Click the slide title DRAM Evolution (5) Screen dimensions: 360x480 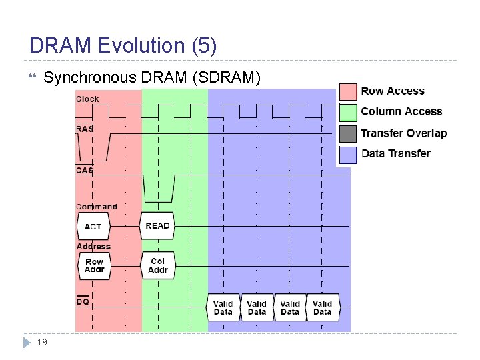[123, 45]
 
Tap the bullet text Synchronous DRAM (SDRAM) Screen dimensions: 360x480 [152, 78]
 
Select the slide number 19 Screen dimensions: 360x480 [41, 342]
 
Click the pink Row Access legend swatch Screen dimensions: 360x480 [348, 91]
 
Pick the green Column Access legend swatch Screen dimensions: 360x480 [348, 112]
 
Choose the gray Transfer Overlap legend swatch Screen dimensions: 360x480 [348, 133]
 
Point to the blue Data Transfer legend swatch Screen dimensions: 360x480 [348, 154]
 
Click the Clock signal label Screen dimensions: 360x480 [87, 99]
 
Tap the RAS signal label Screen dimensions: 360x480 [85, 129]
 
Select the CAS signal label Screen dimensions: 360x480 [85, 170]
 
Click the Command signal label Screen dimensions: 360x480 [97, 207]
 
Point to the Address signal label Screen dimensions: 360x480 [93, 247]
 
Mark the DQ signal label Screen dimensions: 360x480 [83, 302]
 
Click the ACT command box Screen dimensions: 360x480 [93, 227]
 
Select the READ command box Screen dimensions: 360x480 [157, 226]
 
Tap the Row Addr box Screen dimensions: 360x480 [94, 266]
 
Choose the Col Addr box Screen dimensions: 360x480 [158, 265]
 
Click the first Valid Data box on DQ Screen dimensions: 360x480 [223, 308]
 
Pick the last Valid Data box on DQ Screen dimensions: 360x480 [323, 308]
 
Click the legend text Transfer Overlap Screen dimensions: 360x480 [404, 133]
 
